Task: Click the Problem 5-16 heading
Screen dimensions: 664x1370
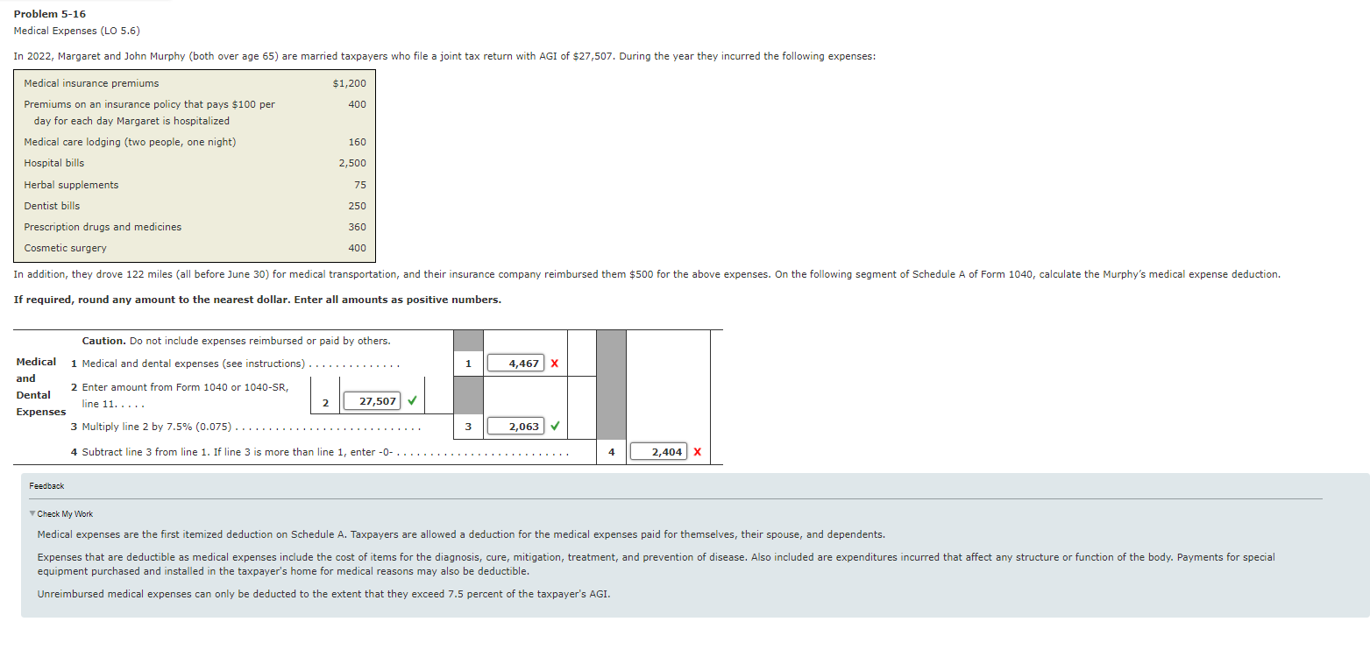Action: coord(50,14)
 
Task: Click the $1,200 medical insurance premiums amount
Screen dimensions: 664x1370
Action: coord(349,83)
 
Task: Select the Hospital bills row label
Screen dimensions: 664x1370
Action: coord(54,163)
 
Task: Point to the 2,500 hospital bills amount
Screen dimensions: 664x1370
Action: coord(352,163)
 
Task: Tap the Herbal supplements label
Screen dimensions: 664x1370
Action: coord(71,185)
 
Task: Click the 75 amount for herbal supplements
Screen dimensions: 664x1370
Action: coord(360,185)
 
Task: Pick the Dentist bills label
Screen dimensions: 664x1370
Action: coord(52,206)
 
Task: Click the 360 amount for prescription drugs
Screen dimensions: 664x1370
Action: coord(357,227)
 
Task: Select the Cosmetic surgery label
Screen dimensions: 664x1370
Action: coord(65,248)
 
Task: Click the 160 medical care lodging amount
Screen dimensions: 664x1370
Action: coord(357,142)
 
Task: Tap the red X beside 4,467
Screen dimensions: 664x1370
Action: coord(554,363)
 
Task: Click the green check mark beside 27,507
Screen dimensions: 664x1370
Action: coord(412,401)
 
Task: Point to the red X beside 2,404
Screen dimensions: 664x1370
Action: coord(697,452)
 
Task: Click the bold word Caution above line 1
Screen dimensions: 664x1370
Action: coord(103,341)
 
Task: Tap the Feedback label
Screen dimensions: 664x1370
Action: coord(46,486)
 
